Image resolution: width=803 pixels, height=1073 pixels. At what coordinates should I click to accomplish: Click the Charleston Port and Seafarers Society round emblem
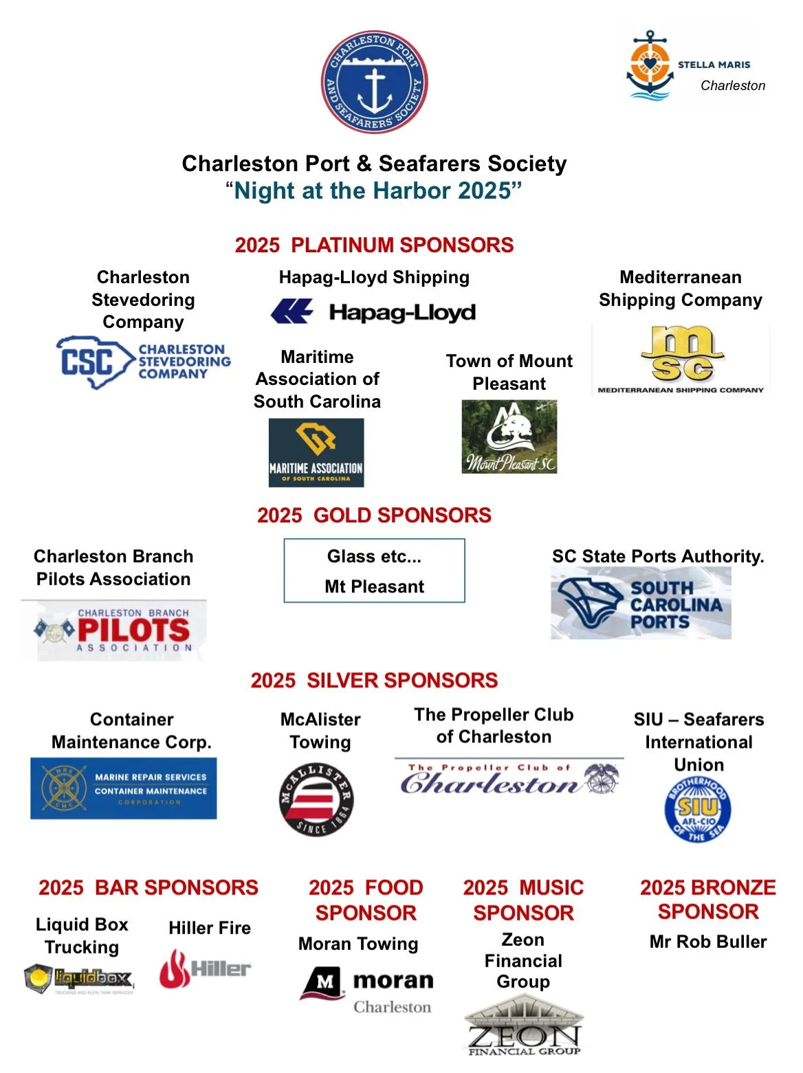[x=374, y=82]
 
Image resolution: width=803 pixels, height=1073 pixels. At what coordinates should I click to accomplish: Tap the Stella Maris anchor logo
[x=650, y=66]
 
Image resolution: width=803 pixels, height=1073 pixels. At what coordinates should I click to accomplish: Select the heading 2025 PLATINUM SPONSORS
[x=374, y=245]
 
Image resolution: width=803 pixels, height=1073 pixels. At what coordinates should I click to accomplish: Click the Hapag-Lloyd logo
[x=373, y=312]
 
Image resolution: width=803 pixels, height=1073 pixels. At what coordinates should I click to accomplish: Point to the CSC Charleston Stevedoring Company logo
[x=143, y=362]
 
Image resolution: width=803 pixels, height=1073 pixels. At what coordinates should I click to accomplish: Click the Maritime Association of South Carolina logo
[x=316, y=453]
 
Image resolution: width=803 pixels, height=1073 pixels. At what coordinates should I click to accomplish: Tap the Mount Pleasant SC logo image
[x=509, y=436]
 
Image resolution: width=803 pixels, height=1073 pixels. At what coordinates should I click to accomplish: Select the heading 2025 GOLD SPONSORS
[x=374, y=516]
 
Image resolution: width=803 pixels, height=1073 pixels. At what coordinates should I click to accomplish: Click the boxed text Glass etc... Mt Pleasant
[x=374, y=571]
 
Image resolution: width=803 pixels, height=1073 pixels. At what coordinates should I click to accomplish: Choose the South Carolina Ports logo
[x=641, y=604]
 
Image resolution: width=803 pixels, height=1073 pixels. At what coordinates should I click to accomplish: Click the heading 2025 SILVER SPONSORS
[x=374, y=681]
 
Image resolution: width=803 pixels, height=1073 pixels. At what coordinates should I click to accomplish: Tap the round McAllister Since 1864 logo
[x=316, y=799]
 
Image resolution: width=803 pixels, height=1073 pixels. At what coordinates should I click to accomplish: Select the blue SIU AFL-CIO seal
[x=698, y=809]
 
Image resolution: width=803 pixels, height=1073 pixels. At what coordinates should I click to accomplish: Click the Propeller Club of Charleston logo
[x=509, y=779]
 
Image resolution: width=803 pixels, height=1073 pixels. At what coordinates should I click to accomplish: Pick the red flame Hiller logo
[x=205, y=969]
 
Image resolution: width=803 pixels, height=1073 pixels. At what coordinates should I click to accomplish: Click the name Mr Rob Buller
[x=708, y=942]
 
